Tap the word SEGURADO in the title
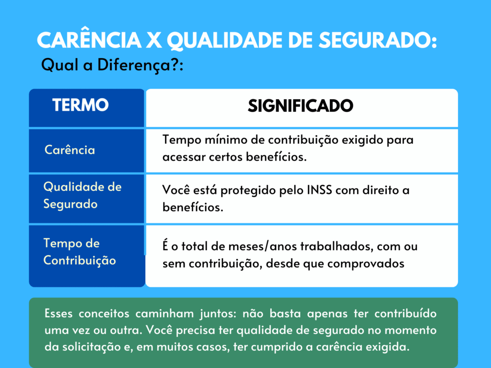[377, 40]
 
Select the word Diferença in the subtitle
[134, 66]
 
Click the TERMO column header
[81, 105]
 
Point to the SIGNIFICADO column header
[300, 106]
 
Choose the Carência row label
[70, 149]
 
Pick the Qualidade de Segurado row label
[82, 195]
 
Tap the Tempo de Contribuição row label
[80, 252]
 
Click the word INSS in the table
[319, 190]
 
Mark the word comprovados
[366, 264]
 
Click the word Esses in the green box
[58, 313]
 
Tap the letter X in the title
[154, 40]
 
